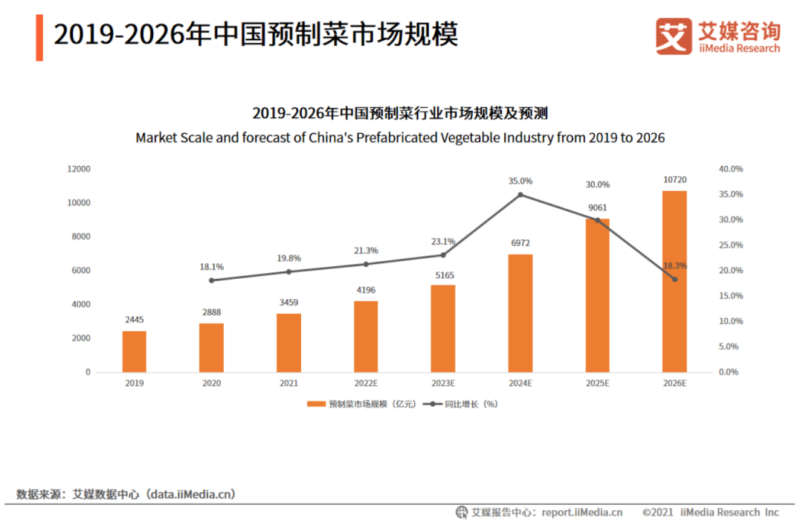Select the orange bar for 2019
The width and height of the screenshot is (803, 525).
point(135,351)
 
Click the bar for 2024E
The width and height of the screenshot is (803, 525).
point(520,313)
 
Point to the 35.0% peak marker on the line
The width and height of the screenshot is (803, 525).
point(520,195)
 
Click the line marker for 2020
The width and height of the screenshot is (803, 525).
point(211,280)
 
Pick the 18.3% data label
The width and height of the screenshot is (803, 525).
point(675,265)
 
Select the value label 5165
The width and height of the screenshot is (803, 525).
point(443,274)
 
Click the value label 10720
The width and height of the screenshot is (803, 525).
point(674,180)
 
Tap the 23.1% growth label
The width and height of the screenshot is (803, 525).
point(443,242)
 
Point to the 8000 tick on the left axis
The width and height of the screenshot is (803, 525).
point(80,236)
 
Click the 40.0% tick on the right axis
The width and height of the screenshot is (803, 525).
point(731,169)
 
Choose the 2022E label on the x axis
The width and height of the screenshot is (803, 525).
point(366,383)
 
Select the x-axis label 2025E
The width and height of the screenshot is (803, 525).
point(597,383)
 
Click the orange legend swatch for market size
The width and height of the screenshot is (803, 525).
point(316,404)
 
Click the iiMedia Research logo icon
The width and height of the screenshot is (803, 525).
point(673,36)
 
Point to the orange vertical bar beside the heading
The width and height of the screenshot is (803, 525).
point(39,37)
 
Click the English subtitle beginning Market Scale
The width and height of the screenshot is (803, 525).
point(400,138)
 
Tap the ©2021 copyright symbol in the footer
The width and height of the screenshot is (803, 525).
point(647,512)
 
